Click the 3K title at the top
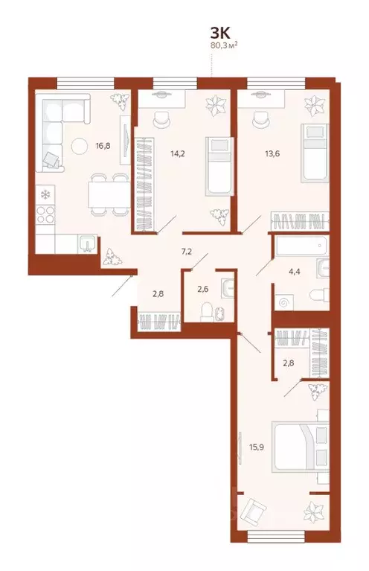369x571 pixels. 220,33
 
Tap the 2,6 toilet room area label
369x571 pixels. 202,289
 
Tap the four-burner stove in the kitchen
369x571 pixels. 45,217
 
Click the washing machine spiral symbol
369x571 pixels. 282,302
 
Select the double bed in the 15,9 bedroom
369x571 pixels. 300,447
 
